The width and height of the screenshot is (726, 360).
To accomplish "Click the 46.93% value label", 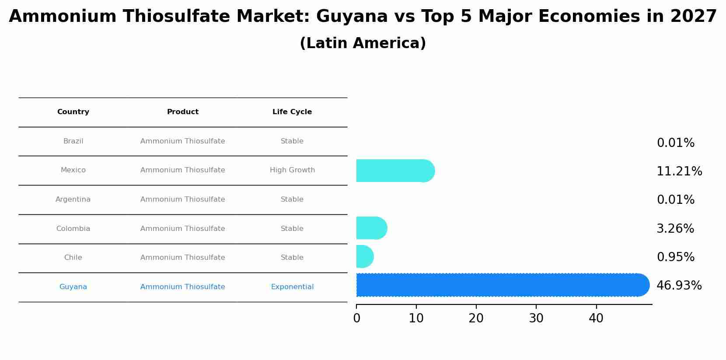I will click(x=679, y=286).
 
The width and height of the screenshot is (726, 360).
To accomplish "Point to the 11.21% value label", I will click(x=679, y=171).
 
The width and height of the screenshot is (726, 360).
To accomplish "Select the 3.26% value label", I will click(x=675, y=229).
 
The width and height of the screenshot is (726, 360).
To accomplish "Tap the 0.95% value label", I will click(x=675, y=257).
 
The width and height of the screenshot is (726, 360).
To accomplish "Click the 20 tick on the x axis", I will click(x=476, y=318).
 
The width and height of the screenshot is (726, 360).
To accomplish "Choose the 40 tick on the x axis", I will click(x=596, y=318).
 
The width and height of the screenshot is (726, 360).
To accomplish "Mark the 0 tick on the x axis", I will click(x=356, y=318).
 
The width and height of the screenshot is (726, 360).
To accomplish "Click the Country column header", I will click(x=73, y=112).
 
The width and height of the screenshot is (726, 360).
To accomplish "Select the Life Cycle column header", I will click(x=292, y=112).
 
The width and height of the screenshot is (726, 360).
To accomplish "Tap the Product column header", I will click(x=183, y=112).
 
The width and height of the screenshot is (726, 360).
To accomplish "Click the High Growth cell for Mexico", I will click(x=292, y=170).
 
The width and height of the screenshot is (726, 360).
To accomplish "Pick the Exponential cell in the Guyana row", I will click(x=292, y=287).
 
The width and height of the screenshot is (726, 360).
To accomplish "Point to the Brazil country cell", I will click(x=73, y=141).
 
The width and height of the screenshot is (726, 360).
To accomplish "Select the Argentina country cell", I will click(x=73, y=199).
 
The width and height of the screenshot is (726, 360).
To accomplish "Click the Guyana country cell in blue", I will click(x=73, y=287).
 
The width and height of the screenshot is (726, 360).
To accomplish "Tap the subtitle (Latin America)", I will click(x=363, y=43).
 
